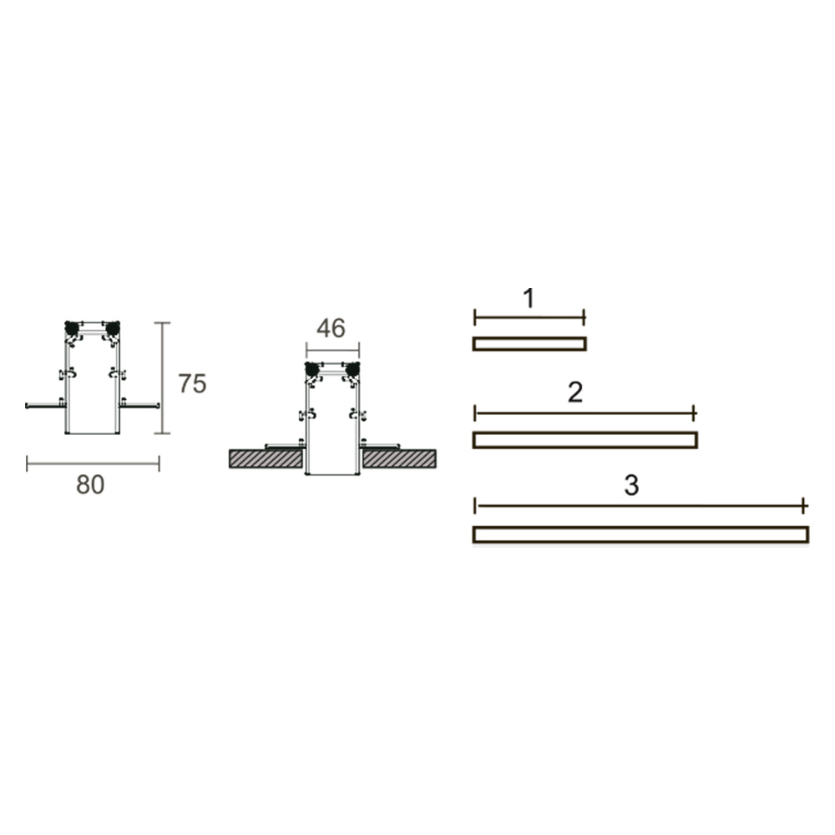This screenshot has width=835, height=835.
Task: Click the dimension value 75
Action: (192, 383)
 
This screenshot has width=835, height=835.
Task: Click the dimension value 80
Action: (90, 484)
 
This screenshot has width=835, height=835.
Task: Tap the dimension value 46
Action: (331, 328)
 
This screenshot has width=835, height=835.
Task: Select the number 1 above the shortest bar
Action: (529, 298)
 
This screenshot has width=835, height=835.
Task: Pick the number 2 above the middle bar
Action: (575, 392)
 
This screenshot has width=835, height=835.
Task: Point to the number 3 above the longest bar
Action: (631, 485)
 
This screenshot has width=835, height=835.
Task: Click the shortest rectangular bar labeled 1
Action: (529, 344)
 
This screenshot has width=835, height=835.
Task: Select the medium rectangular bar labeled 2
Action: (584, 440)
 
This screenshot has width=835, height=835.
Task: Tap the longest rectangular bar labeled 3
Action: (640, 534)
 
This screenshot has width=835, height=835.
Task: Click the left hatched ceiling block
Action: (266, 459)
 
